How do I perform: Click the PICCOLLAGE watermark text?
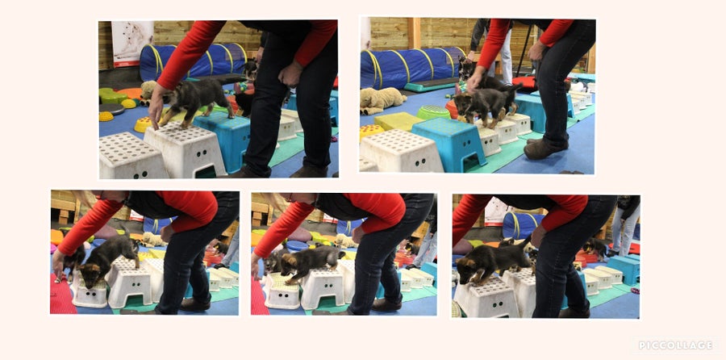click(x=675, y=345)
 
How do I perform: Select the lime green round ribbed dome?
click(x=433, y=112)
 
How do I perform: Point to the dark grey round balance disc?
click(x=111, y=109)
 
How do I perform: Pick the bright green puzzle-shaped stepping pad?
click(x=112, y=95)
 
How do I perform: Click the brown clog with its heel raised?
click(x=546, y=149)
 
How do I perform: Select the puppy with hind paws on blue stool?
click(x=196, y=99)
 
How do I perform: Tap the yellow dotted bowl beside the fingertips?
click(x=143, y=124)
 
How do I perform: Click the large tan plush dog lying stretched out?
click(x=382, y=99)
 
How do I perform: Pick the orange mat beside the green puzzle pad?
click(x=129, y=93)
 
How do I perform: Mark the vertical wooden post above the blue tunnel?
click(x=414, y=33)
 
